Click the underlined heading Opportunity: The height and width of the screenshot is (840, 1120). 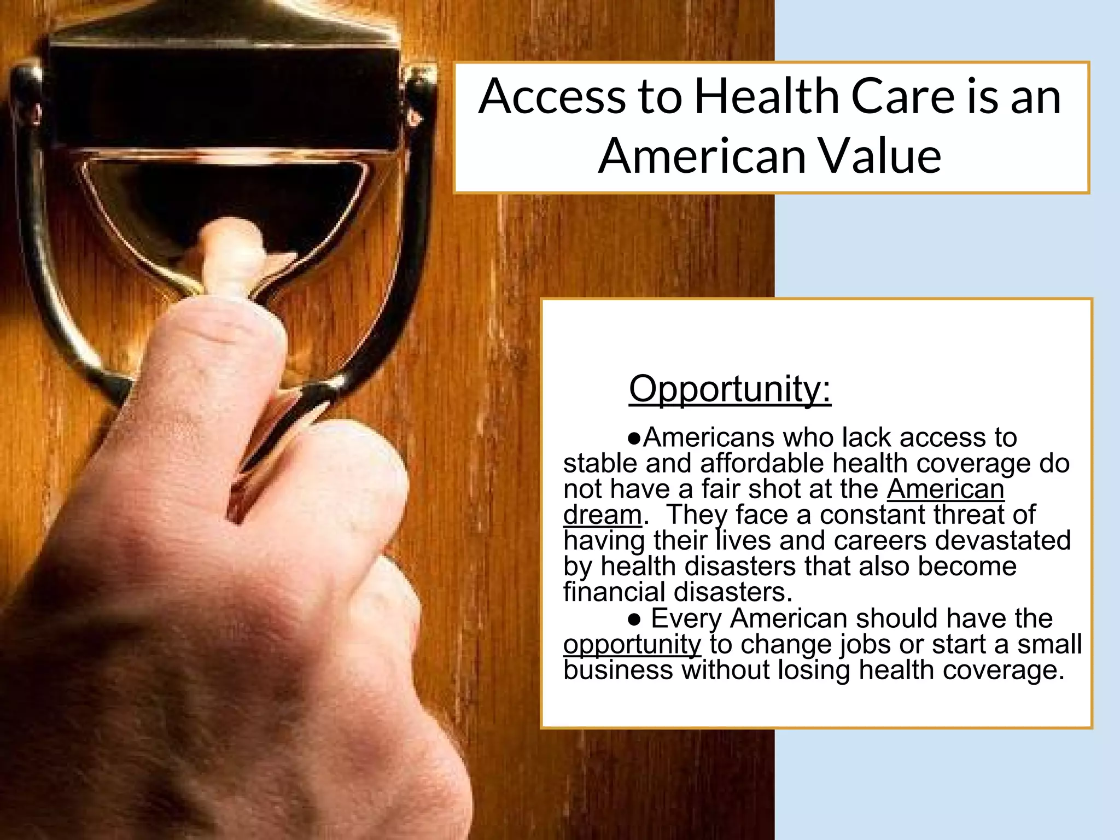(x=730, y=389)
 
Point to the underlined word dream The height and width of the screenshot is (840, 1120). (x=602, y=515)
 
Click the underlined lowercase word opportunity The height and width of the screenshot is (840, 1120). (x=632, y=644)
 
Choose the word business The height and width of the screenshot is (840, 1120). (x=617, y=670)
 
